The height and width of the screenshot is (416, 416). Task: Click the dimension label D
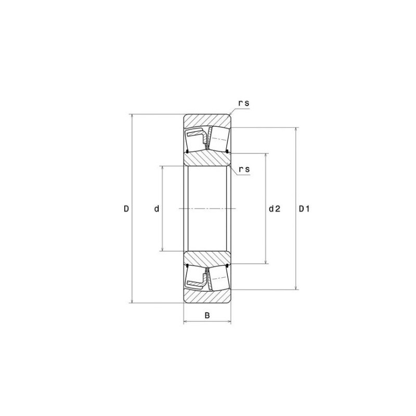click(126, 209)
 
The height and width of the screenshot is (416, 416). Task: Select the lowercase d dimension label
click(156, 209)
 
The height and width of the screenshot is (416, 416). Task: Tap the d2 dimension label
click(274, 209)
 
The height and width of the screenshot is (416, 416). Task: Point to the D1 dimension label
click(304, 209)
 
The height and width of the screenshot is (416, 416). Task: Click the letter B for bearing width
click(207, 315)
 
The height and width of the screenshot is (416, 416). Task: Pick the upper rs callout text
click(243, 103)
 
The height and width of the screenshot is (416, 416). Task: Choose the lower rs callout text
click(243, 170)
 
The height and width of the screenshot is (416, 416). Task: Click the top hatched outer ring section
click(207, 119)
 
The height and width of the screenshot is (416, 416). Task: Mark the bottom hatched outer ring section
click(207, 297)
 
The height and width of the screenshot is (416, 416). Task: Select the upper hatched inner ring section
click(207, 159)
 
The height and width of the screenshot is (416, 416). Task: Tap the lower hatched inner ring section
click(207, 257)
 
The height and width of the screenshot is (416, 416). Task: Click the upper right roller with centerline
click(219, 139)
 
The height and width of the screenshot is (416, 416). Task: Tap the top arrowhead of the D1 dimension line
click(296, 129)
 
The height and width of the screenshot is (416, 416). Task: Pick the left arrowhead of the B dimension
click(186, 322)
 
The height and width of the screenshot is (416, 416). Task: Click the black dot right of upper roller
click(228, 151)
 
